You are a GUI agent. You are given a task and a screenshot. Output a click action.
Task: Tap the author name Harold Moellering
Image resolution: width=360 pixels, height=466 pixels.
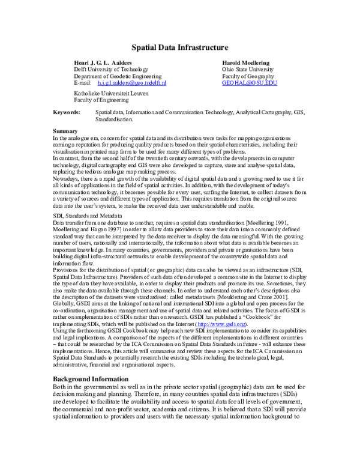[247, 62]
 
